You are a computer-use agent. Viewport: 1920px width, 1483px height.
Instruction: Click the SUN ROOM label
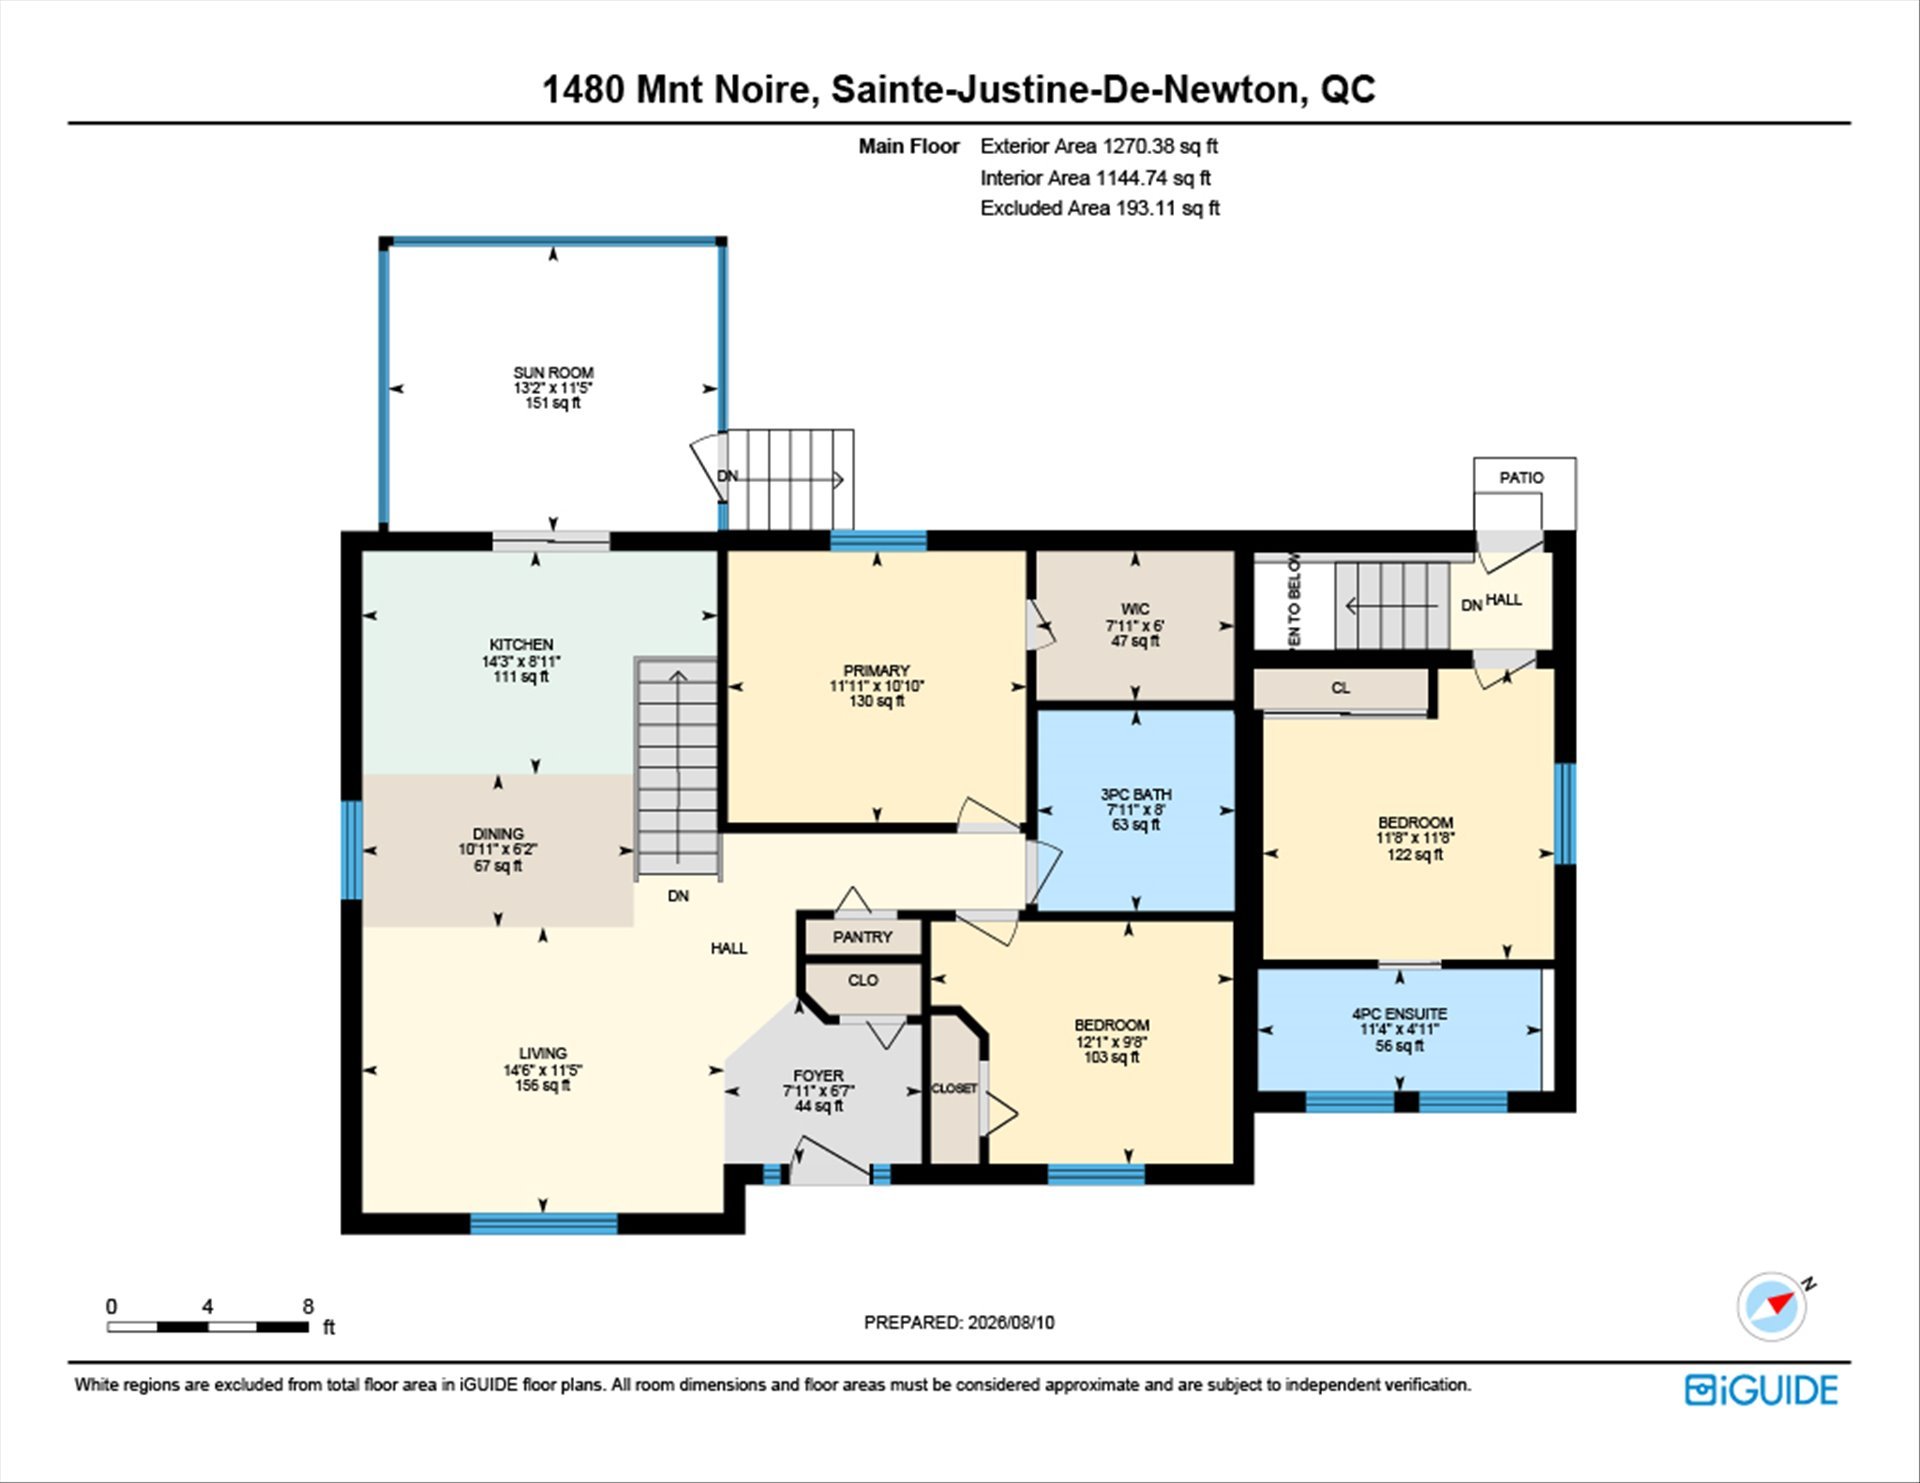[553, 373]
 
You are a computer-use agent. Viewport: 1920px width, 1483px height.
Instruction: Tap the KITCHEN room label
[521, 645]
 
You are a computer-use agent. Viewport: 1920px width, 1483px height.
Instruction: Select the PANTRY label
[862, 937]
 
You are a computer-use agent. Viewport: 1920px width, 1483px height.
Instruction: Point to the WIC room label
[1135, 609]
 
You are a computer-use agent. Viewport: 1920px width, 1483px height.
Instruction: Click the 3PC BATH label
[1136, 794]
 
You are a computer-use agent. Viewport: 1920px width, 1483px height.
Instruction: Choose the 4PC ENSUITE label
[1399, 1014]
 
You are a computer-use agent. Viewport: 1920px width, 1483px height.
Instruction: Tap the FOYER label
[819, 1076]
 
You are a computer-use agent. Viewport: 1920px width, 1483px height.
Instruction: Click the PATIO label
[1521, 478]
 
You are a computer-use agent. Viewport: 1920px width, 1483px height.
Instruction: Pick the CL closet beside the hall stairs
[1340, 688]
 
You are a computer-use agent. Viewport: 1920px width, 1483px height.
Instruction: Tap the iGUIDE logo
[1761, 1390]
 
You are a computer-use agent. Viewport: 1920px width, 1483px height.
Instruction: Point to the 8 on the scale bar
[308, 1306]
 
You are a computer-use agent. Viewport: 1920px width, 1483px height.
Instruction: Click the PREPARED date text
[959, 1322]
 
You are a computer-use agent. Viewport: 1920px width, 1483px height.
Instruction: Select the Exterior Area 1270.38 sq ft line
[1099, 146]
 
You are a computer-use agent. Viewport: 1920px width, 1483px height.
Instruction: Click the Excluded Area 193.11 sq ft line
[1100, 208]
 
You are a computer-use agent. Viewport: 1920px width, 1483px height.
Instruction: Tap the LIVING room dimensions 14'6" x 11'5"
[543, 1070]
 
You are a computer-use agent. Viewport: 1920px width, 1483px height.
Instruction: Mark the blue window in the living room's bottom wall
[544, 1223]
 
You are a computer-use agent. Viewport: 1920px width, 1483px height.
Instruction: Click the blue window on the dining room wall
[352, 850]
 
